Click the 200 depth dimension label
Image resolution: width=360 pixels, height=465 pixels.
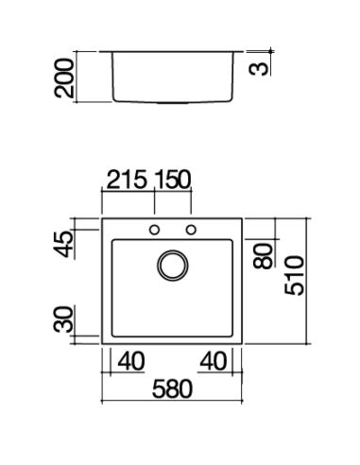64,77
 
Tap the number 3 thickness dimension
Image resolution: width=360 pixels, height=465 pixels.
259,68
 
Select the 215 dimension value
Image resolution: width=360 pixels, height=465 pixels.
127,180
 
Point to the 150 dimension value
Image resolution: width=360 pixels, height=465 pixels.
173,180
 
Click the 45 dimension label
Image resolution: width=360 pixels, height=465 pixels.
63,245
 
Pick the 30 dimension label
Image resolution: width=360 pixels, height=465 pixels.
63,319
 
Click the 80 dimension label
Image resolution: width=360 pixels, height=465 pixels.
263,256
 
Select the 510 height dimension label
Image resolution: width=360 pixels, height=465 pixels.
294,276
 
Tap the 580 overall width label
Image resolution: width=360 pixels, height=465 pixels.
172,388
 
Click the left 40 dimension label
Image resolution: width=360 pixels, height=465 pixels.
131,361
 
